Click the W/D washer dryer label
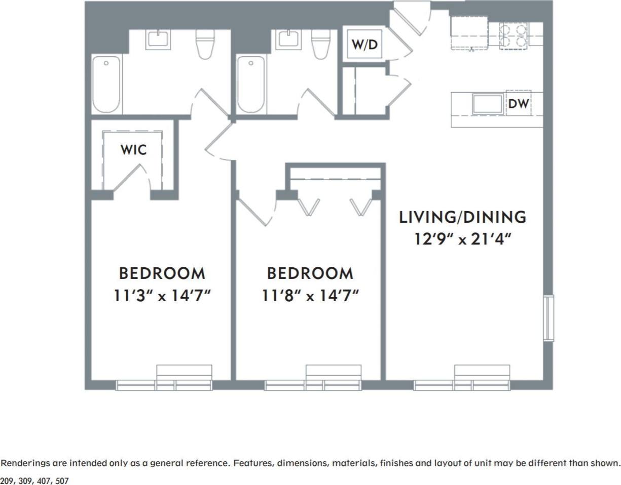tap(365, 45)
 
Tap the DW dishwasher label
tap(518, 104)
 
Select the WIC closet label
tap(133, 150)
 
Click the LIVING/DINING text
tap(462, 217)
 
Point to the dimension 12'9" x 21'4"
tap(462, 239)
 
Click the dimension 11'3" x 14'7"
tap(162, 296)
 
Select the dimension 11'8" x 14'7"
tap(310, 296)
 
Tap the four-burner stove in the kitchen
tap(514, 35)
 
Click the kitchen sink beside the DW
tap(488, 104)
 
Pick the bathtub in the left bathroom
tap(106, 85)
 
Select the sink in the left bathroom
tap(158, 39)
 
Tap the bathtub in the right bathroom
tap(251, 85)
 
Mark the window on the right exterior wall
tap(548, 317)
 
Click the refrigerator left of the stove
tap(469, 33)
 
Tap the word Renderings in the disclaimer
tap(24, 463)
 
